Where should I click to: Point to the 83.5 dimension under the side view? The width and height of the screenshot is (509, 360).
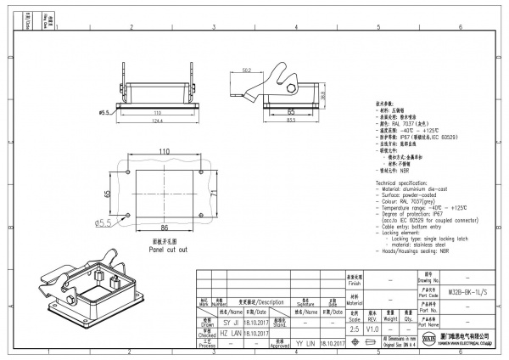tap(289, 119)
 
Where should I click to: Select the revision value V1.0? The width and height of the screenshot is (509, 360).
tap(372, 328)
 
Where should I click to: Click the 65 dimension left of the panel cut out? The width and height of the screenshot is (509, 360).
tap(107, 194)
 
